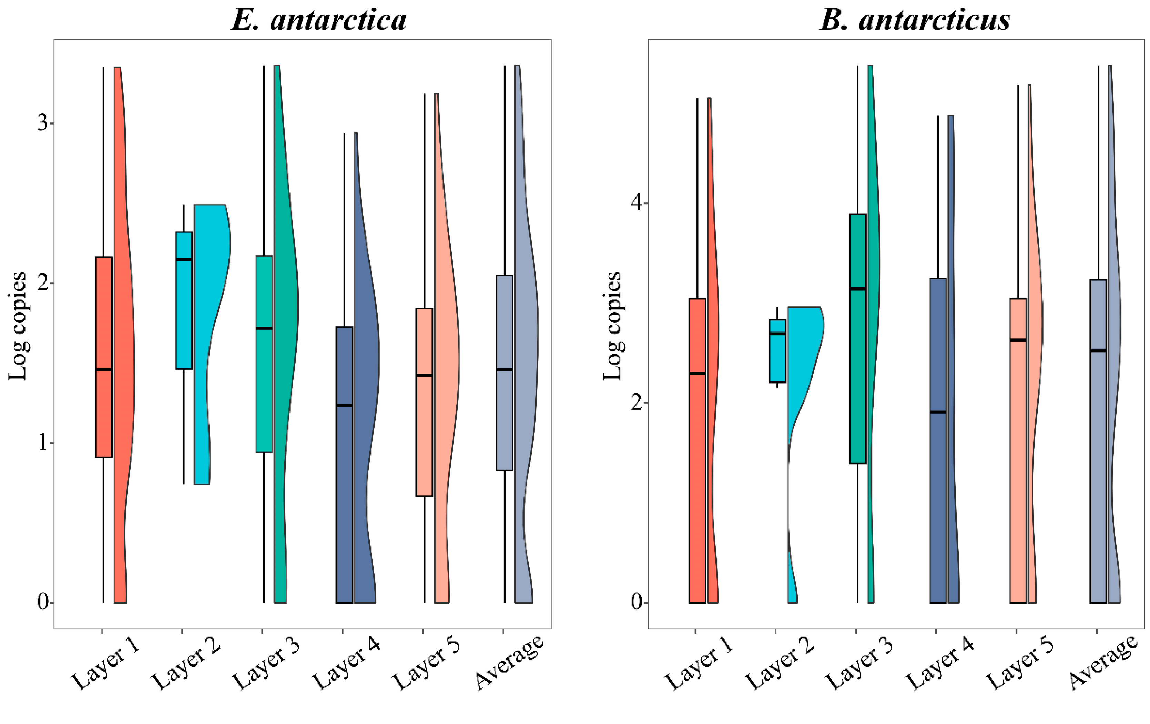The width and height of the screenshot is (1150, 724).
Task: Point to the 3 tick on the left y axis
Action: (43, 123)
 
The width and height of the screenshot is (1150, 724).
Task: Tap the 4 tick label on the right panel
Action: (637, 203)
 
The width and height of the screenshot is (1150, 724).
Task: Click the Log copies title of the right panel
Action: (612, 326)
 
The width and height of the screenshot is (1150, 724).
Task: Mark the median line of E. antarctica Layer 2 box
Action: (184, 259)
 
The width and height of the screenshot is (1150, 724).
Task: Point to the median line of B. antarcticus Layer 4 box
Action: (938, 412)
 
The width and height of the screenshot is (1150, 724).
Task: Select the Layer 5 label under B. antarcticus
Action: (1020, 665)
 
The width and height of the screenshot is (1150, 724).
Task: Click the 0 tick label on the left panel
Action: (43, 603)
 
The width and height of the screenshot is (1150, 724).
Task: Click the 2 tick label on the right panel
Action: (637, 403)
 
